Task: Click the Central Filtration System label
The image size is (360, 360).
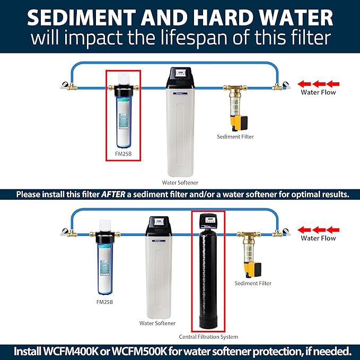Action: pyautogui.click(x=208, y=336)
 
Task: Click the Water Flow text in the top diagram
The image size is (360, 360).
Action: pyautogui.click(x=318, y=92)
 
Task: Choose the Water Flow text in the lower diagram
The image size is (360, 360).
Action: pyautogui.click(x=318, y=238)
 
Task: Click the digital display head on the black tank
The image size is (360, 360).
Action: pyautogui.click(x=208, y=220)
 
